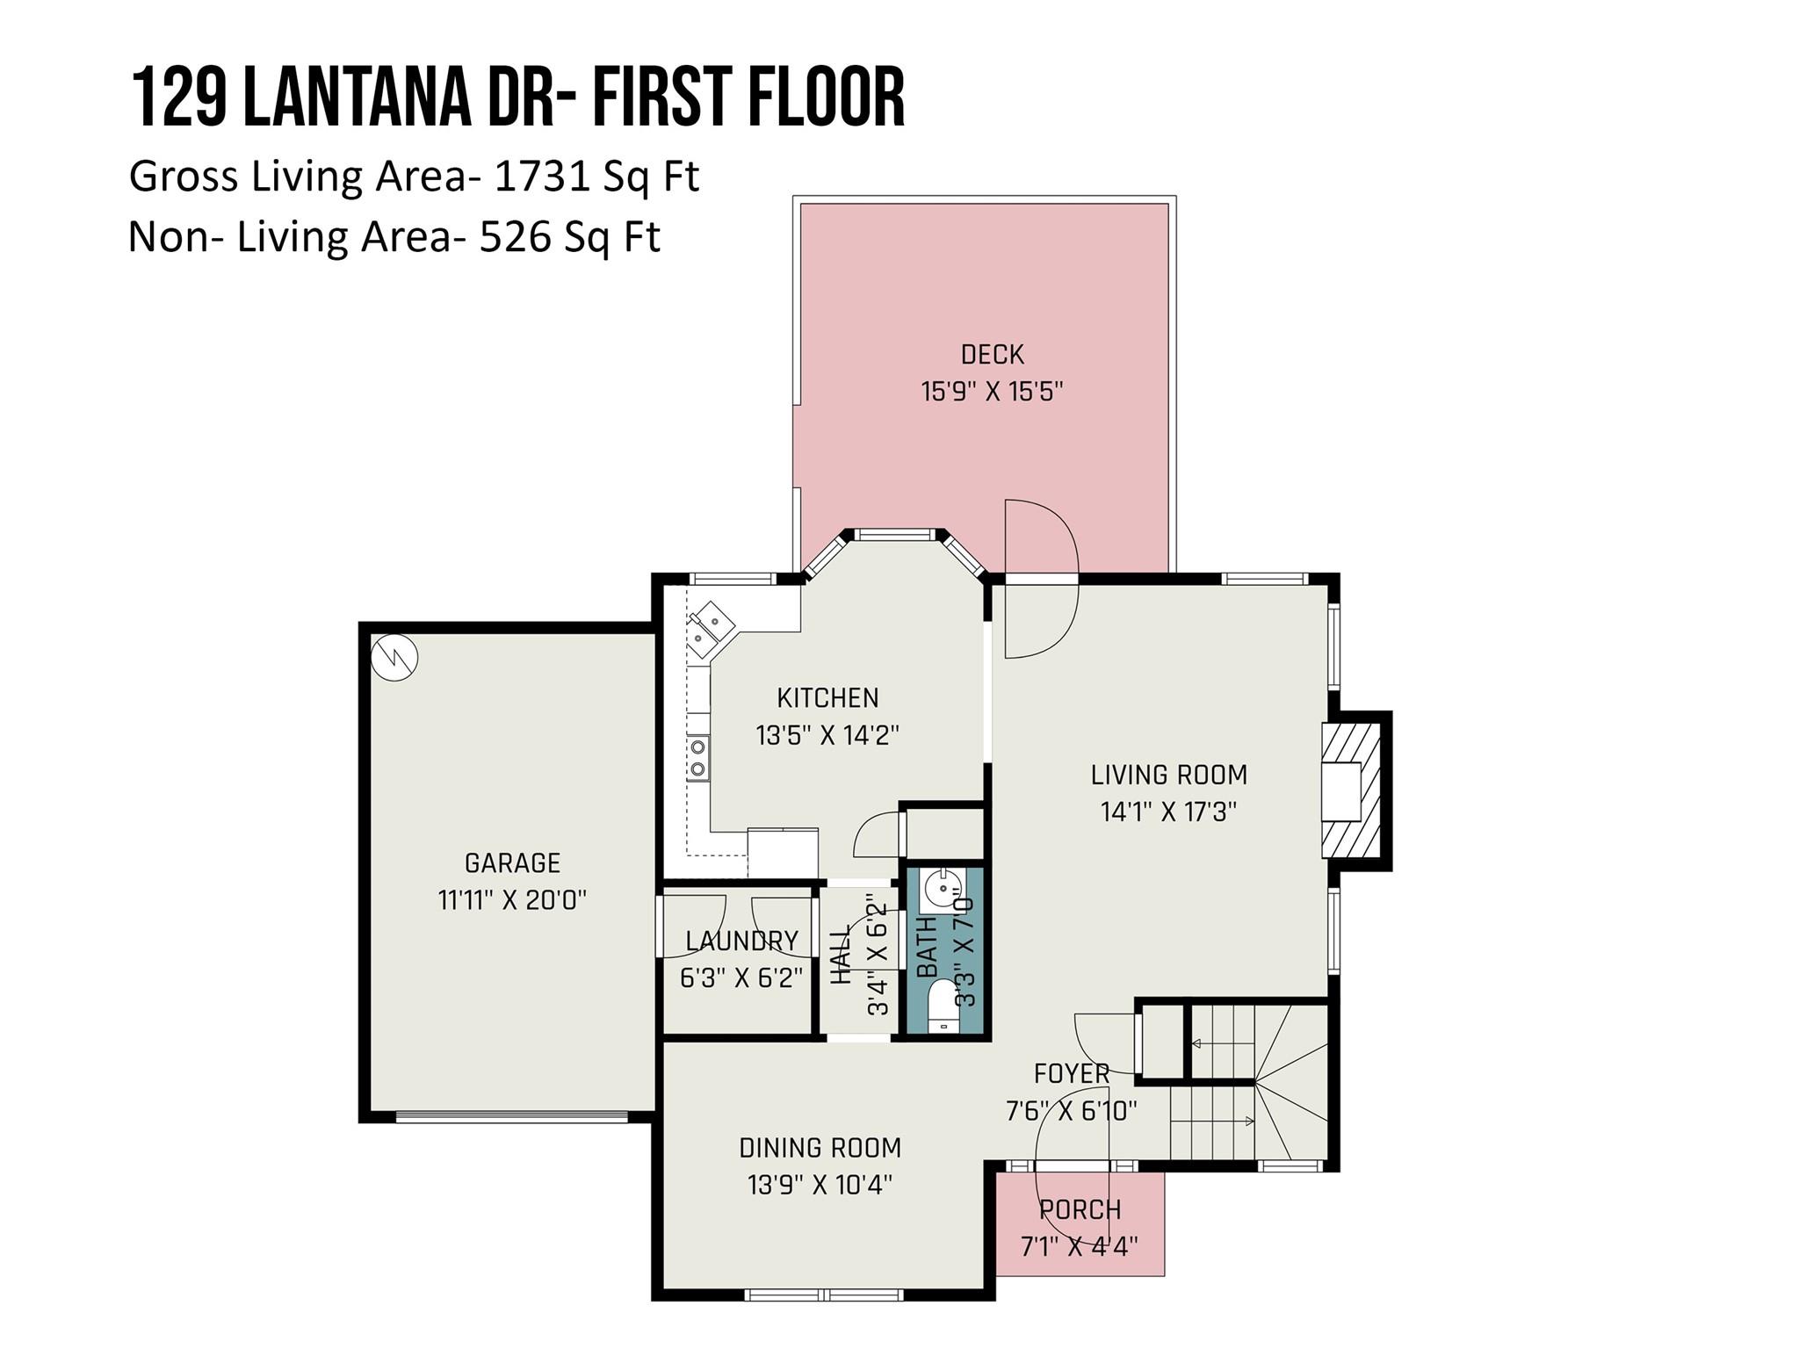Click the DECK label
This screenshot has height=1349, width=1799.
point(992,355)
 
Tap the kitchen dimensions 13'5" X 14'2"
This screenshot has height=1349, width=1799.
point(827,735)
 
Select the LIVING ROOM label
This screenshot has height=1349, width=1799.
point(1168,775)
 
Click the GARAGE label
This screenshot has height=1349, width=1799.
point(512,863)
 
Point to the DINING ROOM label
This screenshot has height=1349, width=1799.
point(820,1148)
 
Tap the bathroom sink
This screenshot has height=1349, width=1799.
point(942,891)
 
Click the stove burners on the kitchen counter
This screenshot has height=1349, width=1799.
point(698,758)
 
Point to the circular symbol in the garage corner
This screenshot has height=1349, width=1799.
point(394,656)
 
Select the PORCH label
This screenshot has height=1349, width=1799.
point(1080,1209)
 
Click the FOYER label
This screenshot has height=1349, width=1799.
point(1072,1073)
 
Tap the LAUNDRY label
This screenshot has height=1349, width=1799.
point(741,941)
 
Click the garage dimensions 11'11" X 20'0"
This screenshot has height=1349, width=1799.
point(512,900)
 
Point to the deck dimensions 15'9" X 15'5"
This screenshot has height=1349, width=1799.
point(992,392)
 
